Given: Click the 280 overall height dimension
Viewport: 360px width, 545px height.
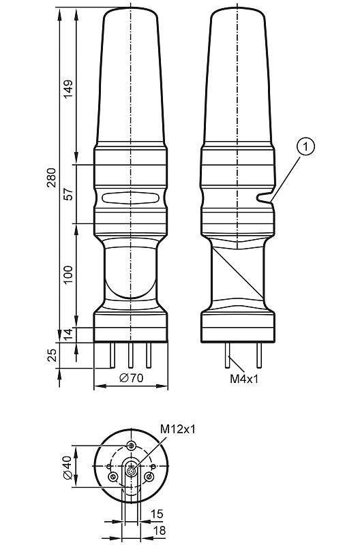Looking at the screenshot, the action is pyautogui.click(x=52, y=177).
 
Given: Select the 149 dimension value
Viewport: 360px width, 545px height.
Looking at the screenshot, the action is pyautogui.click(x=68, y=89).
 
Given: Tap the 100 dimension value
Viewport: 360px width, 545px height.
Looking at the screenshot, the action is pyautogui.click(x=68, y=275).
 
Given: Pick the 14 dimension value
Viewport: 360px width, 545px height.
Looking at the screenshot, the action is pyautogui.click(x=68, y=333).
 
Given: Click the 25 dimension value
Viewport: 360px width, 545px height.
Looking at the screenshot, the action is pyautogui.click(x=52, y=355).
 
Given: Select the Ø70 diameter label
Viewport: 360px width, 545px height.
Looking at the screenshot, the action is pyautogui.click(x=131, y=378).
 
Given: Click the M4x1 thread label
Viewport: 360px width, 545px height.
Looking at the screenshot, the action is pyautogui.click(x=244, y=379).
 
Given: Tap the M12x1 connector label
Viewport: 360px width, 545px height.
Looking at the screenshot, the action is pyautogui.click(x=178, y=429).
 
